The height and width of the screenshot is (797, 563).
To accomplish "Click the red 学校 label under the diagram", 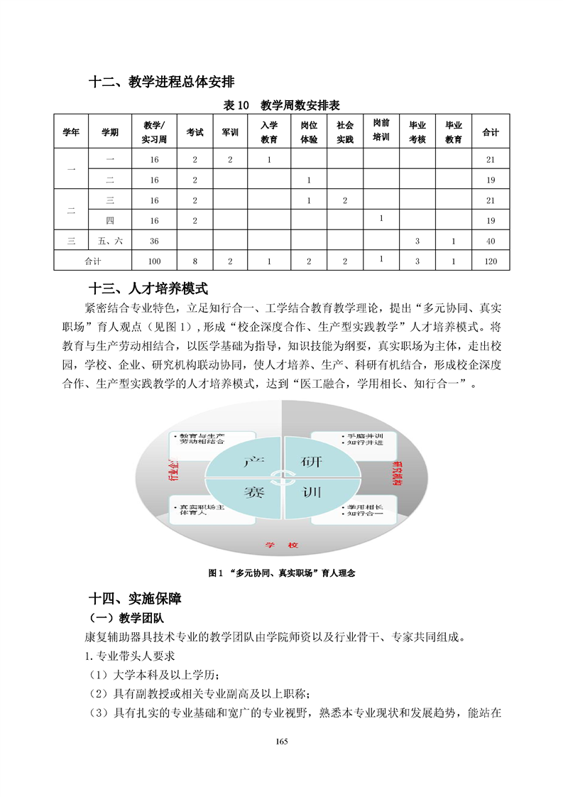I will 281,544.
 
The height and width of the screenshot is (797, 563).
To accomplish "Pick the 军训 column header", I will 231,132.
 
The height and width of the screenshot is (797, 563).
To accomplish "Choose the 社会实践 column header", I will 344,132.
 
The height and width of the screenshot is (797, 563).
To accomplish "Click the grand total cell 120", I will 490,261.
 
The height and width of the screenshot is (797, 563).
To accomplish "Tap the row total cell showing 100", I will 154,261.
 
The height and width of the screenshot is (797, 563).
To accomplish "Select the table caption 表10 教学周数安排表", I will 282,105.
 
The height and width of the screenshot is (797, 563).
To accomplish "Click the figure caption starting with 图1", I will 282,573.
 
